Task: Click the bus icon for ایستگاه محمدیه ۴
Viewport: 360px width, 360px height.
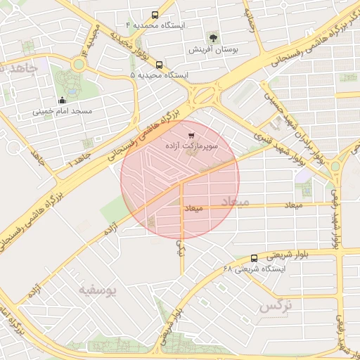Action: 155,14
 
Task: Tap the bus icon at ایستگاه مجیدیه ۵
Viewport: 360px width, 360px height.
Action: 160,64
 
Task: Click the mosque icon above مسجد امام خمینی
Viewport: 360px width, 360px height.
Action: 63,100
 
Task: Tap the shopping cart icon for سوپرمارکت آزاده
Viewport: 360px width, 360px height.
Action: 191,134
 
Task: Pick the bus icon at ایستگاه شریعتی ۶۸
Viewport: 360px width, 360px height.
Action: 254,258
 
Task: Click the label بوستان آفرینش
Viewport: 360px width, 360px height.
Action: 215,51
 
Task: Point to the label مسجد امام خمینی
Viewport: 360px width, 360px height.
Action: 63,112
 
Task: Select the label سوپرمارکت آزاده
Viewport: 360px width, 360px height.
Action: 192,146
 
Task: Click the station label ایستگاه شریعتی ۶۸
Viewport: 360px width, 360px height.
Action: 254,269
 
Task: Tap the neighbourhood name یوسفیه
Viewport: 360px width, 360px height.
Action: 98,289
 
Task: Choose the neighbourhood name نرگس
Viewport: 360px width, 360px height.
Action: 275,306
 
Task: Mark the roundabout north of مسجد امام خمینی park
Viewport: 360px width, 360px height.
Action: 78,65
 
